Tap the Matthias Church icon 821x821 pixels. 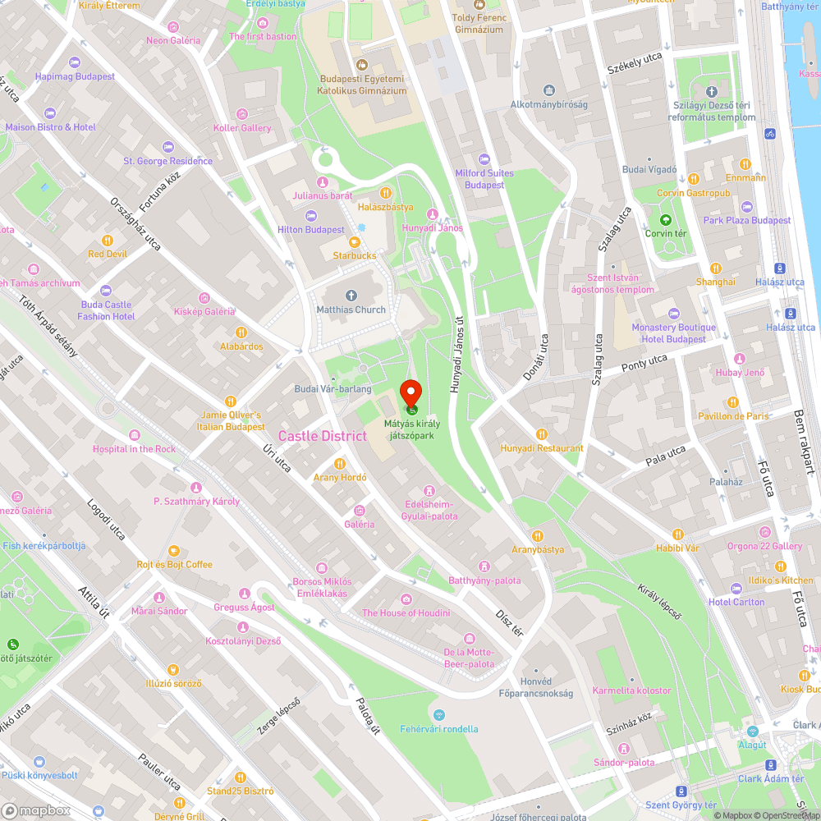tap(351, 296)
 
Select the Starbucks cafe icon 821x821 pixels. tap(355, 241)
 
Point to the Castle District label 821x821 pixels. tap(322, 436)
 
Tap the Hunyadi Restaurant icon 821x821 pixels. tap(542, 434)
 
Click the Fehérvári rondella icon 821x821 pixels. tap(438, 714)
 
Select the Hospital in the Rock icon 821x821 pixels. tap(134, 434)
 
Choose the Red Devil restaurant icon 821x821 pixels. tap(108, 241)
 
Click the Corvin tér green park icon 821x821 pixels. tap(665, 220)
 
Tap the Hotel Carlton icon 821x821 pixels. tap(736, 589)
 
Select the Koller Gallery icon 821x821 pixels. tap(242, 114)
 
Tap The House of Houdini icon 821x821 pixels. tap(406, 599)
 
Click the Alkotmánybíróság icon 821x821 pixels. tap(548, 90)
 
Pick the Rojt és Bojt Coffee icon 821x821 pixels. tap(174, 551)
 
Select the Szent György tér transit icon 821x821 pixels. tap(681, 791)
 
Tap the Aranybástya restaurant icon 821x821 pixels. tap(538, 536)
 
